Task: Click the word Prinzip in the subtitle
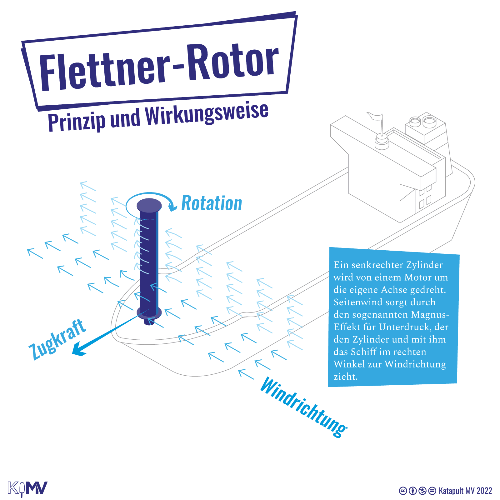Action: pos(77,122)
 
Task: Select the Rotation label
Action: pos(212,203)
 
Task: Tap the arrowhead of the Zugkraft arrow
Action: pos(78,350)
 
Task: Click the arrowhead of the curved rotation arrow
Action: pos(172,207)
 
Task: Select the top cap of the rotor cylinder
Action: pos(149,205)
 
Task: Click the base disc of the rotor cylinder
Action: pos(149,312)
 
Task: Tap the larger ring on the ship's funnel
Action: pos(429,120)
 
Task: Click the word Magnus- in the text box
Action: pos(430,314)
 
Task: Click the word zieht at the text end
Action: pos(346,377)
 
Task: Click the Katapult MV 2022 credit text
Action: pos(465,491)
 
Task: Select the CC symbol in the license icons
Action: pos(403,491)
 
